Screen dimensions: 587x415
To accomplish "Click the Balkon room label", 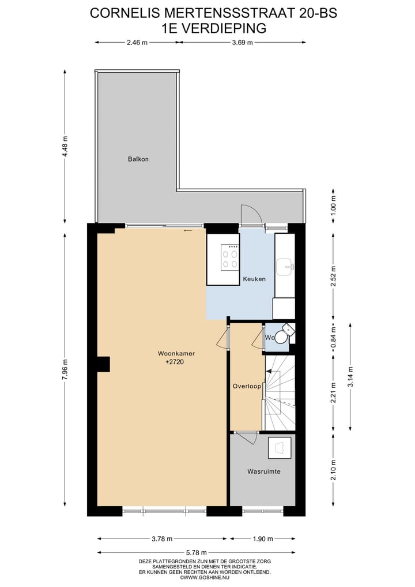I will pyautogui.click(x=138, y=159).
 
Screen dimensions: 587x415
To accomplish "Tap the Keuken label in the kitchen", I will pyautogui.click(x=254, y=279).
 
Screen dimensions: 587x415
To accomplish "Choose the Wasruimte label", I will pyautogui.click(x=263, y=472).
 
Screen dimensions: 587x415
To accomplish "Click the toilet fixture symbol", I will pyautogui.click(x=281, y=337).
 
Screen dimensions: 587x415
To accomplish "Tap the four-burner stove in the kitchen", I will pyautogui.click(x=231, y=257).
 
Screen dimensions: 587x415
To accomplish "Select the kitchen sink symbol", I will pyautogui.click(x=285, y=266).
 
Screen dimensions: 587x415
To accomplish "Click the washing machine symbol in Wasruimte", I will pyautogui.click(x=280, y=447).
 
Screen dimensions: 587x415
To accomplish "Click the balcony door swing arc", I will pyautogui.click(x=252, y=215).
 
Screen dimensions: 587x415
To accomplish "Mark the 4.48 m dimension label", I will pyautogui.click(x=65, y=147).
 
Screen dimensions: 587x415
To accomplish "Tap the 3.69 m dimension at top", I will pyautogui.click(x=242, y=42).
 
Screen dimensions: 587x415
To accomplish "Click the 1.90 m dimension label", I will pyautogui.click(x=263, y=539).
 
